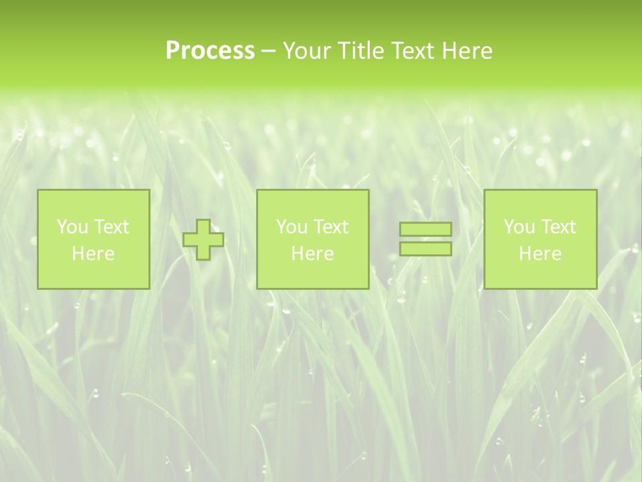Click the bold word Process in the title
(x=210, y=51)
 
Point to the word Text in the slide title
(x=413, y=51)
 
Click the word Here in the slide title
(x=467, y=51)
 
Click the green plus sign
(x=203, y=240)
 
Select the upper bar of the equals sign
(x=425, y=229)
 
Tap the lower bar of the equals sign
(x=425, y=249)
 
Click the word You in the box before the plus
(x=72, y=227)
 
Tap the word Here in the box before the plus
(x=93, y=254)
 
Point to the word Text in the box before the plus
(x=110, y=227)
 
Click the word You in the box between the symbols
(x=292, y=227)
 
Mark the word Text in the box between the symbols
(x=330, y=227)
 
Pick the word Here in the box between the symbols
(x=312, y=254)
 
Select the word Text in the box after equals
(x=557, y=227)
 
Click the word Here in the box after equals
(x=540, y=254)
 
